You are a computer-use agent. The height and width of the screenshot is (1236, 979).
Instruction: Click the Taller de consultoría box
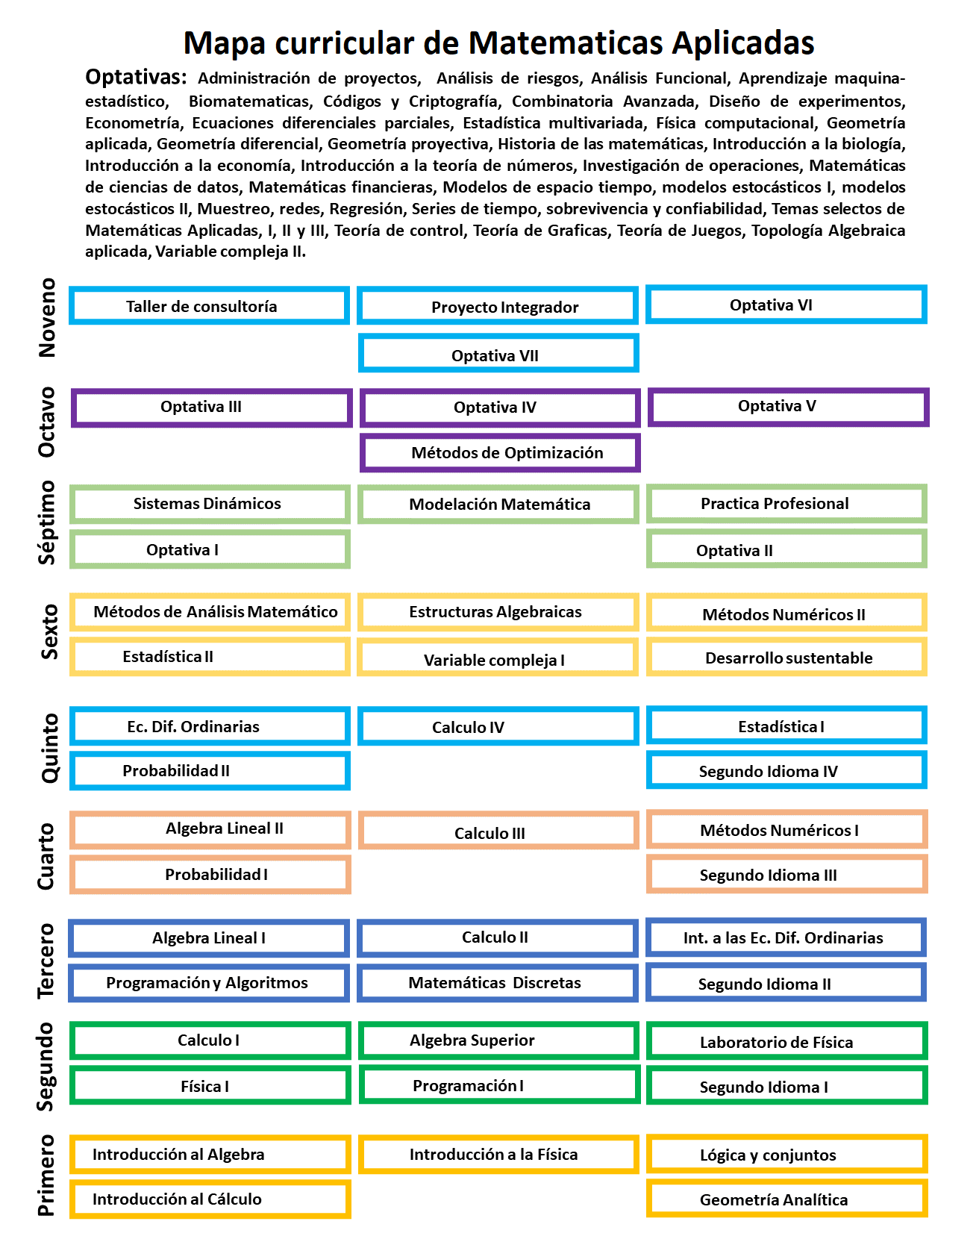click(x=209, y=306)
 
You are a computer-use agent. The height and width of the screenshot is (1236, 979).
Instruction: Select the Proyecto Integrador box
click(x=498, y=307)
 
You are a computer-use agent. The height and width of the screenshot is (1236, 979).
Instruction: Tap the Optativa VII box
click(x=498, y=355)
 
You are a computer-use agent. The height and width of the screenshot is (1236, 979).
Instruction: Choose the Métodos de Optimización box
click(x=500, y=453)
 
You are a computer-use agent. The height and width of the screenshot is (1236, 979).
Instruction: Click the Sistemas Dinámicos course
click(x=210, y=504)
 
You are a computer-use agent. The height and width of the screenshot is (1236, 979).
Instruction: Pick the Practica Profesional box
click(x=786, y=504)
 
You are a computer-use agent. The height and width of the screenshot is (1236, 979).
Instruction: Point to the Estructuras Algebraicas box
click(x=498, y=612)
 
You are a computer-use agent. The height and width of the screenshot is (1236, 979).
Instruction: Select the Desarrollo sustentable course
click(x=786, y=658)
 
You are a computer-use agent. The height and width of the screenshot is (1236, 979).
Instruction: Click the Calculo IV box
click(x=498, y=727)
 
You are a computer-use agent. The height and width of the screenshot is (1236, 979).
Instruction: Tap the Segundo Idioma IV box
click(x=786, y=771)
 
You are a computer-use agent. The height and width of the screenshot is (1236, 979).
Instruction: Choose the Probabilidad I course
click(x=210, y=874)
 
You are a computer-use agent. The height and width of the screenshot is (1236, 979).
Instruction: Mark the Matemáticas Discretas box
click(x=498, y=983)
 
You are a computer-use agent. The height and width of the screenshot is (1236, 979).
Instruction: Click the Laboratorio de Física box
click(x=786, y=1042)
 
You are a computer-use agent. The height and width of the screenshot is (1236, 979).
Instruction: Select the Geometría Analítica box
click(x=786, y=1199)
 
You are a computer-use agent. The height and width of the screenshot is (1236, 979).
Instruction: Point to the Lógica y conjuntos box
click(x=786, y=1155)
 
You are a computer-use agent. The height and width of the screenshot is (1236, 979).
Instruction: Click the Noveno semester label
click(x=47, y=317)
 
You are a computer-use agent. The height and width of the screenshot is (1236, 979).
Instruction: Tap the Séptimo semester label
click(x=47, y=522)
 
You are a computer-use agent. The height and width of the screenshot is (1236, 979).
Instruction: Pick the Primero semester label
click(x=47, y=1175)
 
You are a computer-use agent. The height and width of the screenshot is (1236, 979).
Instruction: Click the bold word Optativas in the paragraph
click(x=135, y=77)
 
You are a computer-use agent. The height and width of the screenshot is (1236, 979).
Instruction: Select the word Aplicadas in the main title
click(x=742, y=43)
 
